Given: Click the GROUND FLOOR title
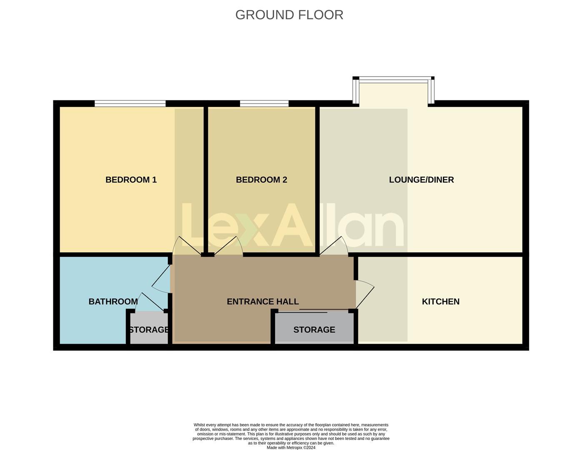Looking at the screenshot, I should click(289, 15).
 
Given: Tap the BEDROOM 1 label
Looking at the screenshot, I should click(131, 180).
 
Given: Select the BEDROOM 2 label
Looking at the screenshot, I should click(261, 180).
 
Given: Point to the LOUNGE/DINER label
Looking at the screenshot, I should click(421, 180).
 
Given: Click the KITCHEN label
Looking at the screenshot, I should click(440, 301).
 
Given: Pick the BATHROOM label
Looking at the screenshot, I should click(113, 301).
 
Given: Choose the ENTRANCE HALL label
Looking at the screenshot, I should click(262, 301).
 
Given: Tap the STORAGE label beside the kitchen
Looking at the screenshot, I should click(314, 330).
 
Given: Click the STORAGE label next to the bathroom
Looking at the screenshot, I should click(149, 330).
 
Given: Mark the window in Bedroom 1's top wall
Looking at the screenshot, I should click(130, 103).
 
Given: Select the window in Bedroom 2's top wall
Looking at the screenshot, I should click(264, 103).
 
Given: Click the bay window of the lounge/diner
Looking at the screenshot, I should click(393, 80).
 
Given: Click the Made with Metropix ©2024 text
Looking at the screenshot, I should click(291, 447).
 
